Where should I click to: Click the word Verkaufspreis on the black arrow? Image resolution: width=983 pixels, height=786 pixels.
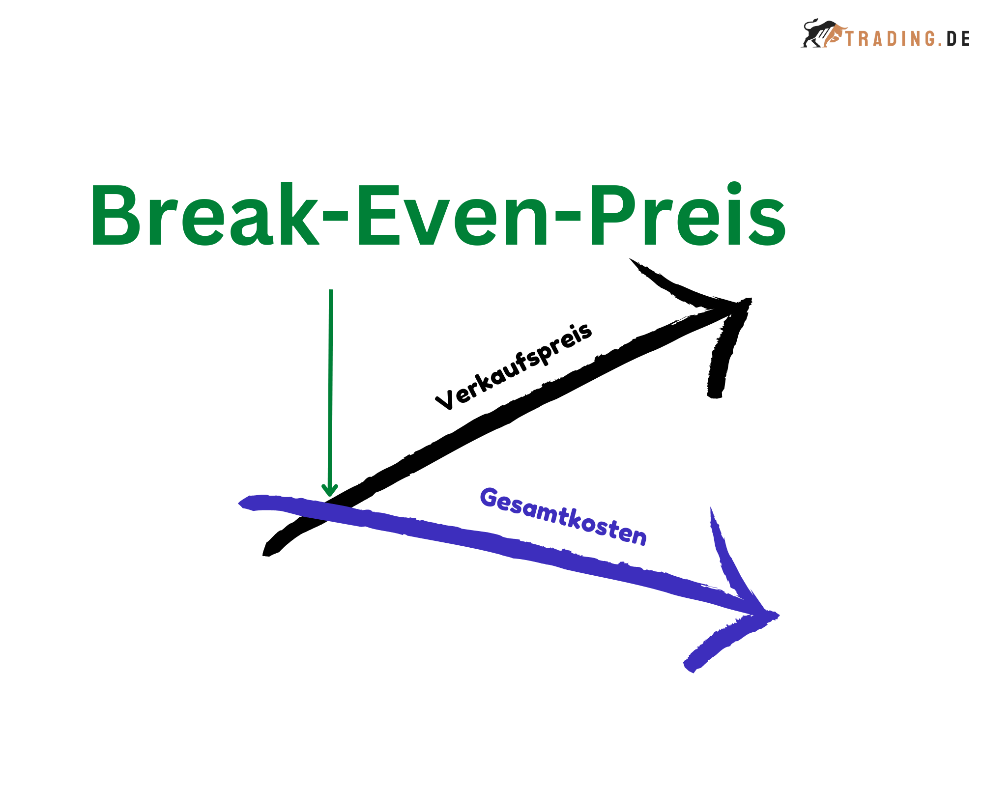tap(514, 366)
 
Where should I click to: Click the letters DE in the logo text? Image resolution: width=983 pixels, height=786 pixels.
tap(958, 39)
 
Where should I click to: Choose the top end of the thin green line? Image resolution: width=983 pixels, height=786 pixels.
tap(331, 291)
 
